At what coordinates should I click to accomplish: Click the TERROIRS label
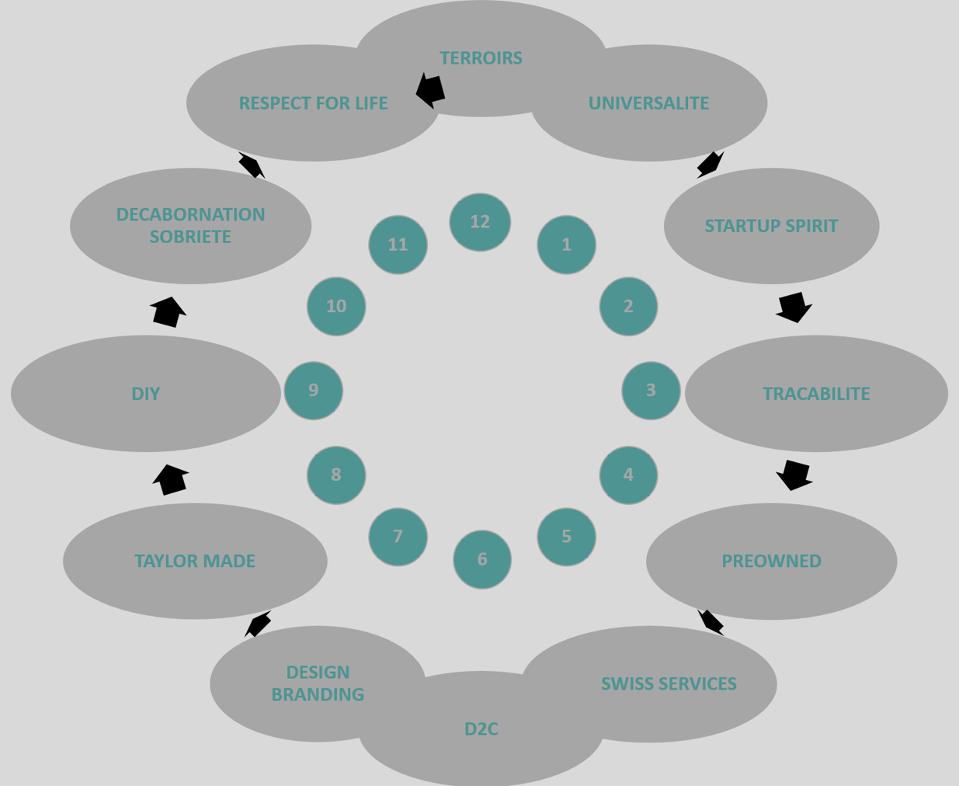point(481,58)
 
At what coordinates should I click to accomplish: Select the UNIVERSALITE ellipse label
point(648,103)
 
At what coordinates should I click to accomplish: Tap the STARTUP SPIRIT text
point(771,226)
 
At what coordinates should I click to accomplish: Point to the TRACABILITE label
point(816,394)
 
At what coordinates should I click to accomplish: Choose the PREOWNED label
point(771,561)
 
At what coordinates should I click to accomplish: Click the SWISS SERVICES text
point(669,683)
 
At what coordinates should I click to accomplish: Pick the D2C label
point(481,729)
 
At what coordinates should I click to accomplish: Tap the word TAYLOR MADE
point(195,561)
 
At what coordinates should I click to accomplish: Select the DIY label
point(145,394)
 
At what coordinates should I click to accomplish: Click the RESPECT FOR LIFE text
point(313,103)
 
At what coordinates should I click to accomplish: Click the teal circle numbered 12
point(480,222)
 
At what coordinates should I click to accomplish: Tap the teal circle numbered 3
point(651,390)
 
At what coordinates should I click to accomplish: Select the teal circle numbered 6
point(482,559)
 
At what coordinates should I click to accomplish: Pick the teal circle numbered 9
point(314,390)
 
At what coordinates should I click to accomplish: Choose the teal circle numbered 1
point(566,245)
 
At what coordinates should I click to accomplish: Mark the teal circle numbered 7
point(398,536)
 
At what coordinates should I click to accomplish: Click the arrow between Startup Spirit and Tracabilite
point(794,307)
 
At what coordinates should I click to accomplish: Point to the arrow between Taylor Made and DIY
point(171,479)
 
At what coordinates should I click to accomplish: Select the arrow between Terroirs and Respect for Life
point(431,90)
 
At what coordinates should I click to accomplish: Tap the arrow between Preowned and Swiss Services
point(711,621)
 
